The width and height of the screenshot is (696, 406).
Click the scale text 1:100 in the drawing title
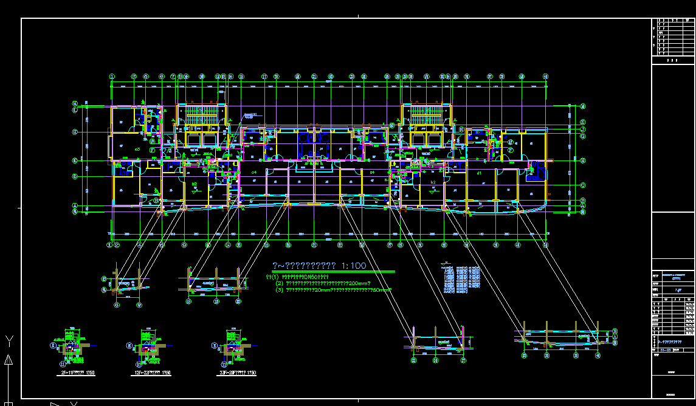pyautogui.click(x=353, y=266)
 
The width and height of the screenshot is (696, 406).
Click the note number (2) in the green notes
pyautogui.click(x=280, y=283)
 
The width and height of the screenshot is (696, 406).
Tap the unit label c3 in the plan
pyautogui.click(x=138, y=149)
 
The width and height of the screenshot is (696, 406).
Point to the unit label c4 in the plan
pyautogui.click(x=254, y=173)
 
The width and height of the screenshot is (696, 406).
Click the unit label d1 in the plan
pyautogui.click(x=479, y=173)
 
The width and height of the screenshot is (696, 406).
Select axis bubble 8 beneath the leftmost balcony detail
pyautogui.click(x=116, y=305)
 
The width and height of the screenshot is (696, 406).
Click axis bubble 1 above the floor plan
pyautogui.click(x=112, y=77)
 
